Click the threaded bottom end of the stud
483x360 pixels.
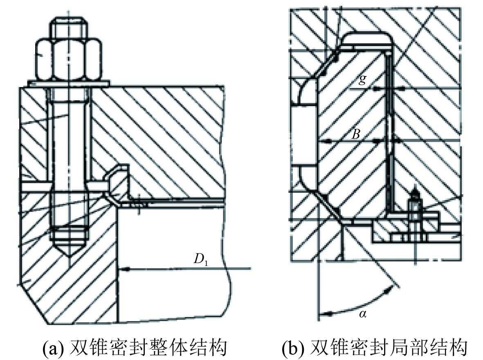tap(68, 233)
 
